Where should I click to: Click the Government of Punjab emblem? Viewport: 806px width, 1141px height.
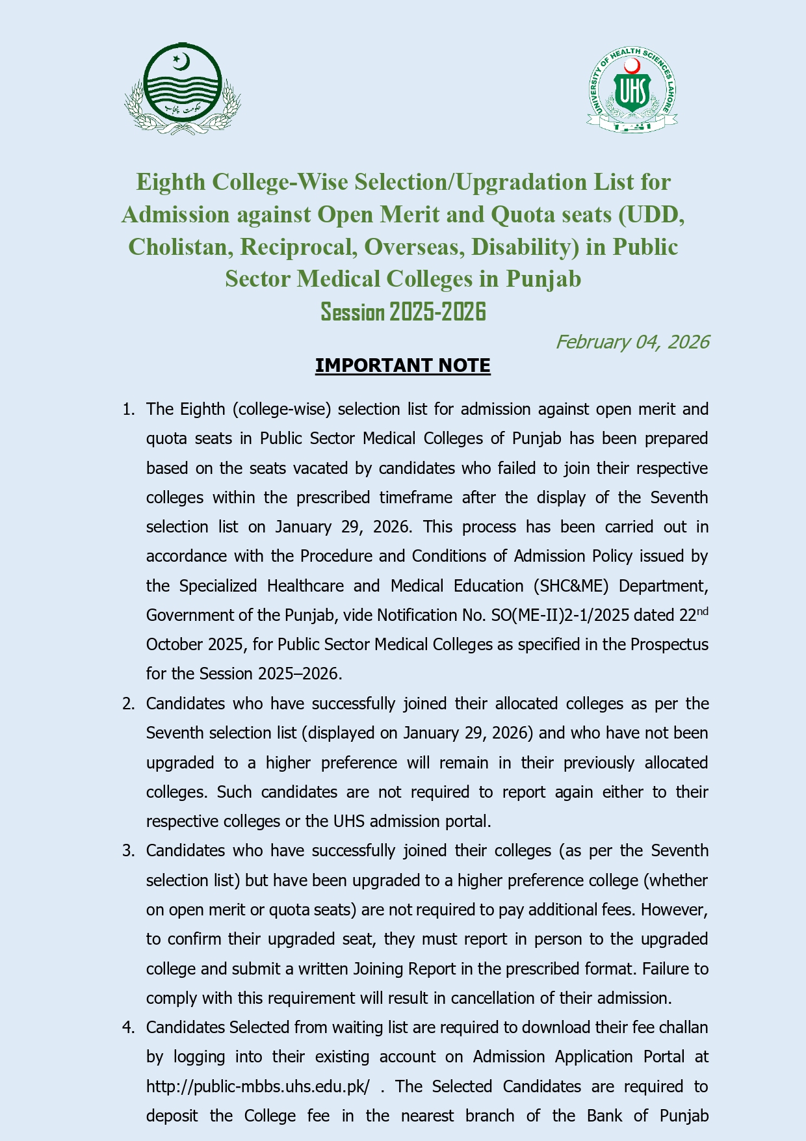coord(183,89)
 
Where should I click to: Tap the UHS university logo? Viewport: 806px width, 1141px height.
coord(632,90)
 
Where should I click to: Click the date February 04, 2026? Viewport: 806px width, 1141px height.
coord(632,342)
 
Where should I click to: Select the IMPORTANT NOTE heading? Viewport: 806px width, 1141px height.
coord(402,366)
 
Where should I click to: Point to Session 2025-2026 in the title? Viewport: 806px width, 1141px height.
coord(403,312)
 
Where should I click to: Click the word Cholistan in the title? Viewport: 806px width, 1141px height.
coord(177,247)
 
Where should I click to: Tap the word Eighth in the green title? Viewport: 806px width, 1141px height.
coord(170,182)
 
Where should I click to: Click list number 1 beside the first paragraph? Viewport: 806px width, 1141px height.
coord(128,410)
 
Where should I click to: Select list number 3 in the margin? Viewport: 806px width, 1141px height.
coord(128,851)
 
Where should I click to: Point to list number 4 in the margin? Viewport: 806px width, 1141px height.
coord(128,1028)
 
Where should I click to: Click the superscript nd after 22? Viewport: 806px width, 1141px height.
coord(702,611)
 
